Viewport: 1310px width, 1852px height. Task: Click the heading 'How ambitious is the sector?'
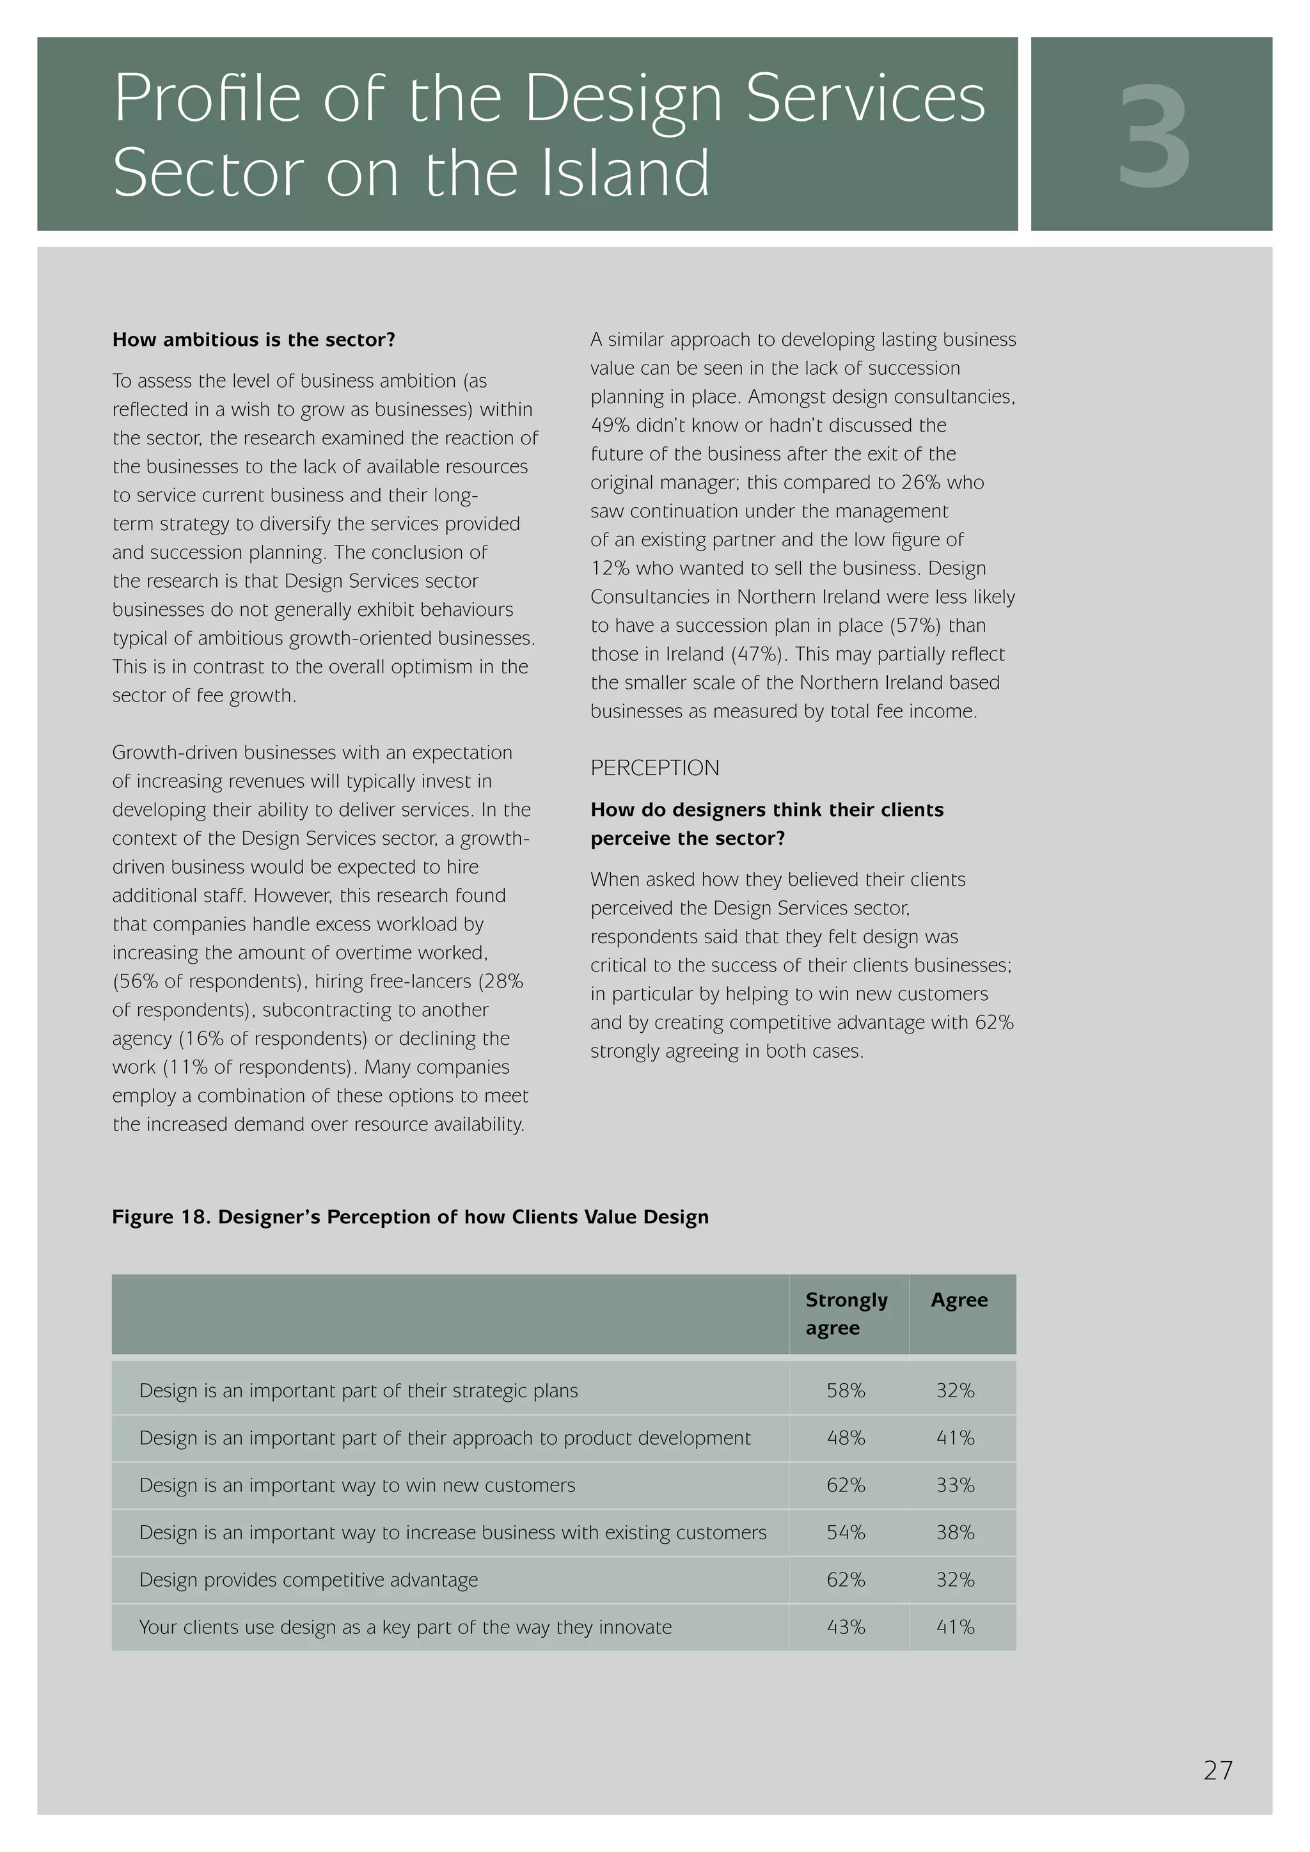[254, 340]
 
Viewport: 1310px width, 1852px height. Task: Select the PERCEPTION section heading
[654, 768]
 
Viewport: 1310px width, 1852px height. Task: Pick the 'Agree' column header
[958, 1299]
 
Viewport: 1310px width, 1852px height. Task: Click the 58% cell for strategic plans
[846, 1391]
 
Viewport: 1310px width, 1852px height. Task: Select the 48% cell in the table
[846, 1438]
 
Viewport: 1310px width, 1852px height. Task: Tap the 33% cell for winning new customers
[955, 1485]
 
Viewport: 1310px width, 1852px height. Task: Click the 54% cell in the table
[846, 1533]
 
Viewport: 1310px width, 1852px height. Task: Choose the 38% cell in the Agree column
[955, 1533]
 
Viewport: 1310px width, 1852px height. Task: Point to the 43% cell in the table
[846, 1627]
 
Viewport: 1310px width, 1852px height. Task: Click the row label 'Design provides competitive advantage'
[308, 1580]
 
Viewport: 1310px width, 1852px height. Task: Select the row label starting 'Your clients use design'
[405, 1627]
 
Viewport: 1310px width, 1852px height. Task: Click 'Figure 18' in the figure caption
[161, 1217]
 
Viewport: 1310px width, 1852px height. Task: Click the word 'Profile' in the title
[207, 98]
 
